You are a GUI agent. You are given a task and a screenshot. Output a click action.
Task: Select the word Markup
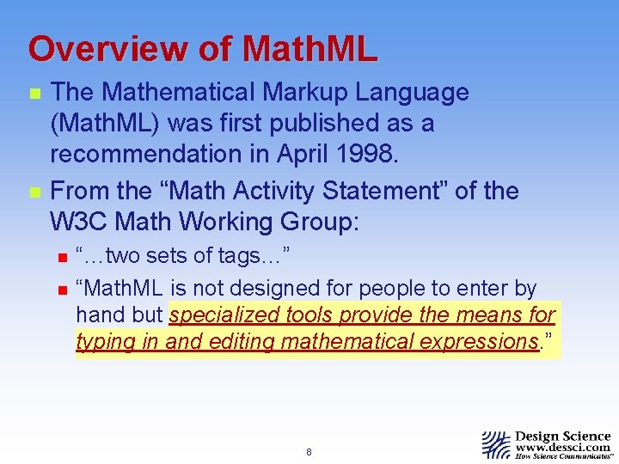tap(322, 93)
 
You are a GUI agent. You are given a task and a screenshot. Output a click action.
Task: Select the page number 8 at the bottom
tap(309, 451)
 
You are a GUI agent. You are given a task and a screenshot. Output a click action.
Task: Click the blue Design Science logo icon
tap(495, 444)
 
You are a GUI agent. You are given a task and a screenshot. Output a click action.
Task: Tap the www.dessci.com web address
tap(562, 448)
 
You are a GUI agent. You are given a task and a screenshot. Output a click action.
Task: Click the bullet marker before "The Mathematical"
tap(34, 94)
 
